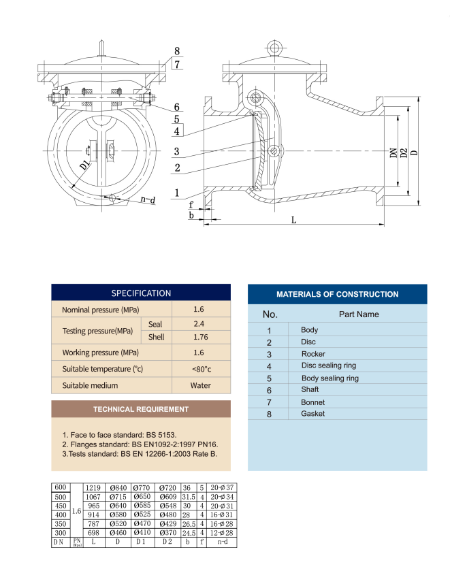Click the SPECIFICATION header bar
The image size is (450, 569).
pyautogui.click(x=141, y=293)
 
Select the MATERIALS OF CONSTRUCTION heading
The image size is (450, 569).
pyautogui.click(x=337, y=295)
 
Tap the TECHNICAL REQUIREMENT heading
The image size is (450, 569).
pyautogui.click(x=141, y=409)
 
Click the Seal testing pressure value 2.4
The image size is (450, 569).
pyautogui.click(x=199, y=323)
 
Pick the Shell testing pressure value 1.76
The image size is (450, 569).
pyautogui.click(x=199, y=337)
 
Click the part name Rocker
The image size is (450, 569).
pyautogui.click(x=313, y=354)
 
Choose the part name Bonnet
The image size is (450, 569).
pyautogui.click(x=312, y=402)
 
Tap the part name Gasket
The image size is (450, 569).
pyautogui.click(x=312, y=414)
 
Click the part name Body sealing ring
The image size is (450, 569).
pyautogui.click(x=330, y=378)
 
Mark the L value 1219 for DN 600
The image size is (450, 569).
pyautogui.click(x=93, y=488)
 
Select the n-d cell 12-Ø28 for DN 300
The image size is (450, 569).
pyautogui.click(x=222, y=533)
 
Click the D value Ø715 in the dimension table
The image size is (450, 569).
pyautogui.click(x=118, y=498)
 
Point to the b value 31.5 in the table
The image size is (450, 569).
pyautogui.click(x=188, y=498)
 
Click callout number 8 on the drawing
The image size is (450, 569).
pyautogui.click(x=176, y=51)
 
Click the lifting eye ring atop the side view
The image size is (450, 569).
pyautogui.click(x=274, y=47)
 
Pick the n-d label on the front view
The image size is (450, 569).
pyautogui.click(x=148, y=200)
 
